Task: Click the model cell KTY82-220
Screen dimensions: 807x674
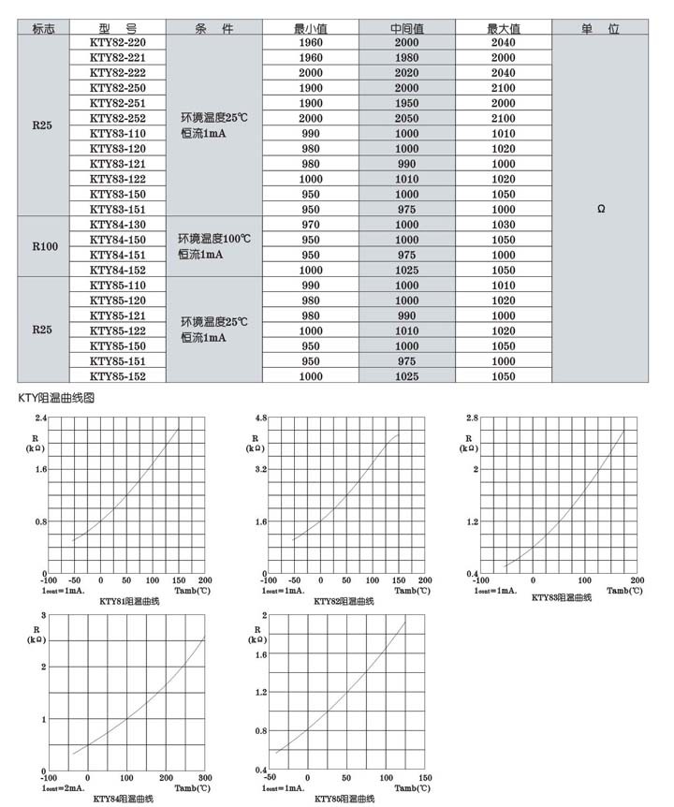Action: point(118,43)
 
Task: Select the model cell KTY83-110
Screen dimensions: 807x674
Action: point(118,133)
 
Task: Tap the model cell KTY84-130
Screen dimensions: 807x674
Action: point(118,224)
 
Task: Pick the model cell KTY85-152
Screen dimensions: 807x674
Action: point(118,375)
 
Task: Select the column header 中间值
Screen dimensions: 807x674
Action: point(407,28)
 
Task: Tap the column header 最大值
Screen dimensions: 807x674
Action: point(503,28)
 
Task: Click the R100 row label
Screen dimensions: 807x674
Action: point(45,247)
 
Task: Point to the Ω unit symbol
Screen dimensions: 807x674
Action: point(600,210)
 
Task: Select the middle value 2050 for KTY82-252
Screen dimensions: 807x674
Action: point(407,119)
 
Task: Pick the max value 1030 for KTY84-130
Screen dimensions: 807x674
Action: point(503,225)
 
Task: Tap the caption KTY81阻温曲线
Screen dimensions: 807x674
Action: point(129,600)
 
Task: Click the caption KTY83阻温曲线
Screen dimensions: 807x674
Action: point(562,597)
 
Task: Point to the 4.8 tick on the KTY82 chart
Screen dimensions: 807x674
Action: point(261,416)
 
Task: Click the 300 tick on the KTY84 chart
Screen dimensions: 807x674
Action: point(204,779)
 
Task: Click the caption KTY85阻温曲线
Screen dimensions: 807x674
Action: point(344,799)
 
